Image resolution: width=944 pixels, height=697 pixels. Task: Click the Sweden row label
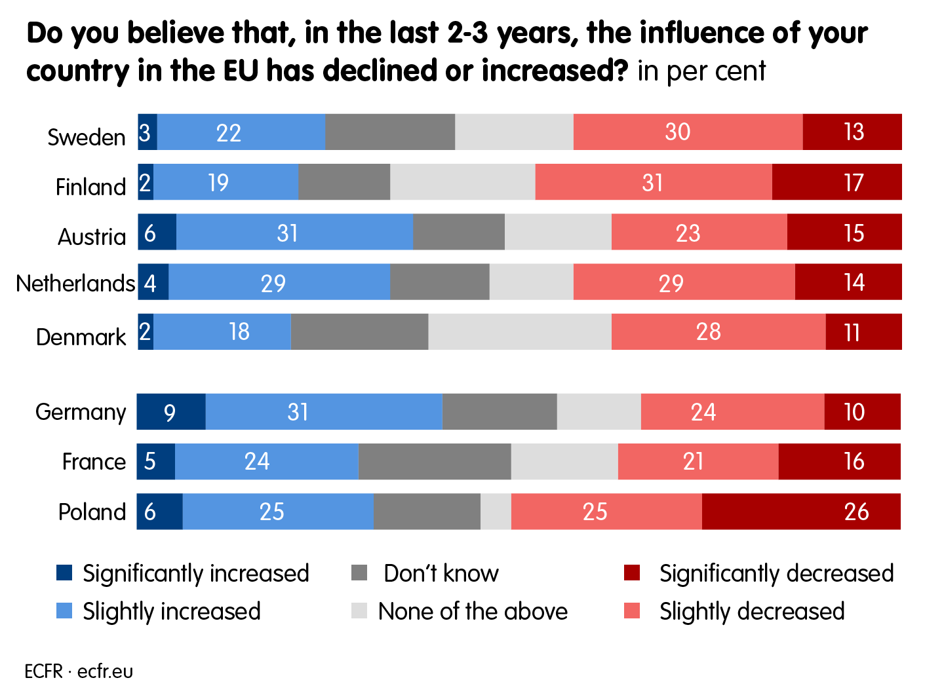coord(87,137)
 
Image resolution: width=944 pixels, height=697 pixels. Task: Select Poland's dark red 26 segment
coord(801,512)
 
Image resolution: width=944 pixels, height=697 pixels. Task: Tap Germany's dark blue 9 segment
coord(171,412)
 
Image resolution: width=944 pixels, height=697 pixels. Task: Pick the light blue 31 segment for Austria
coord(294,233)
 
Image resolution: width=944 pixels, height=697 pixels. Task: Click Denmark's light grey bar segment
coord(520,332)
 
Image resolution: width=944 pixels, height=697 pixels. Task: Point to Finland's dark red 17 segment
coord(837,182)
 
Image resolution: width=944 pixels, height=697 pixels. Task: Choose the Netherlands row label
coord(75,283)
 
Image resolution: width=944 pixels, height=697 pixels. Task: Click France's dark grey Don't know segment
coord(435,462)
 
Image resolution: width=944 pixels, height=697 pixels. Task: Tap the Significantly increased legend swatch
coord(64,573)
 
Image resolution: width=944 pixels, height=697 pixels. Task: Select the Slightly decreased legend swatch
coord(632,611)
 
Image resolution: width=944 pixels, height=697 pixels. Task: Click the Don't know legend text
coord(441,573)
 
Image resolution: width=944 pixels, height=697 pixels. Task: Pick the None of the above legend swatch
coord(359,611)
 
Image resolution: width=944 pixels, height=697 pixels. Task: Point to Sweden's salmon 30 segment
coord(688,132)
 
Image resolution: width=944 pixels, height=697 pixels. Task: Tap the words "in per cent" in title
coord(701,71)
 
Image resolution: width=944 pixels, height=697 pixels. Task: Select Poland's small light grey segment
coord(496,512)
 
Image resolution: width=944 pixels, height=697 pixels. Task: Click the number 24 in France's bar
coord(257,462)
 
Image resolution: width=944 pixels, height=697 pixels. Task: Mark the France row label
coord(94,462)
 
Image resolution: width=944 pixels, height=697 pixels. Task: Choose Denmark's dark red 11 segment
coord(863,332)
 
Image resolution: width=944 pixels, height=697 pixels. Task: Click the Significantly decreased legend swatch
coord(632,573)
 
